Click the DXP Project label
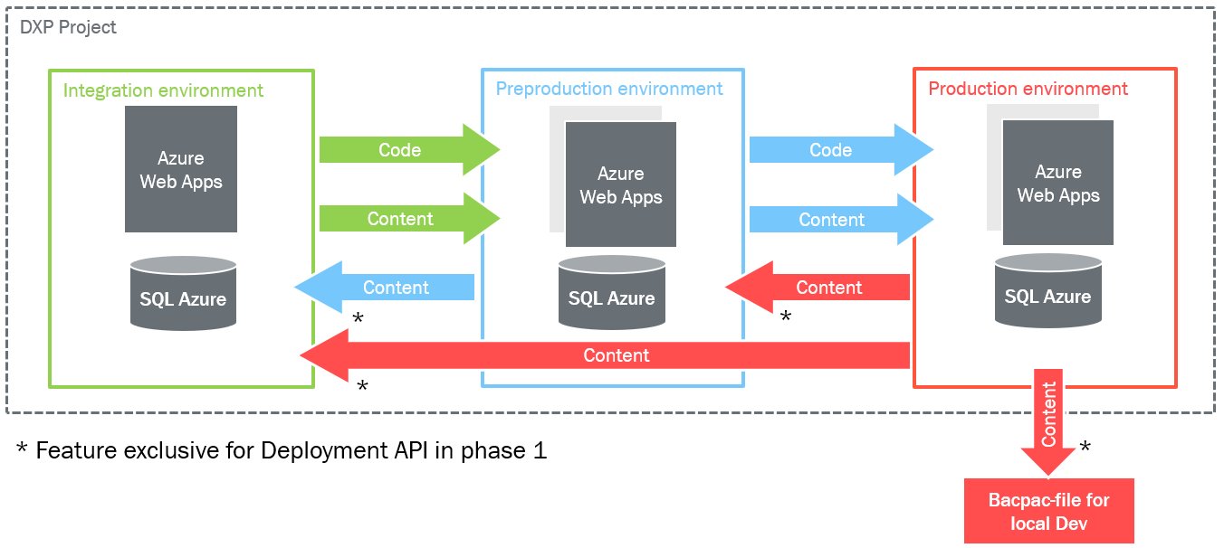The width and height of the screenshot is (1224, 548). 68,27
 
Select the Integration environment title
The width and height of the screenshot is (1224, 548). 163,90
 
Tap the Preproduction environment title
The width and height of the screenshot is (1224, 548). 608,89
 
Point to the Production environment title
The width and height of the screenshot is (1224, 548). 1028,89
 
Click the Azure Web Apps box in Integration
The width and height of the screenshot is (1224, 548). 181,169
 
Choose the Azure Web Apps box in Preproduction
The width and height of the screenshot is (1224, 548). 621,184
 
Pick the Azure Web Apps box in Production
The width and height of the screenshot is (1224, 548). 1058,183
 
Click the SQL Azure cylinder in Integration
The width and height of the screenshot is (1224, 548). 183,294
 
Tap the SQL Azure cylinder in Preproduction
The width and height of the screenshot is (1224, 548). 611,293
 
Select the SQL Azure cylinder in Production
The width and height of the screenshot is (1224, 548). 1047,291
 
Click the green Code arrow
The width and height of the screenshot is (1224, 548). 409,149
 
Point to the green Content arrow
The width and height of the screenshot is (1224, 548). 409,218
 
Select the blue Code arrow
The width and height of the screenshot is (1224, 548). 841,149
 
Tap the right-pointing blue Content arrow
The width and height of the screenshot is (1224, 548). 841,219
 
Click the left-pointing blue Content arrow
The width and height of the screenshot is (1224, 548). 384,287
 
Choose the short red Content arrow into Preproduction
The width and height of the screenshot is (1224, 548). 818,287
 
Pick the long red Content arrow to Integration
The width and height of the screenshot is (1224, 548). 605,355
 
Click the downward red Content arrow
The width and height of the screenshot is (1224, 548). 1048,420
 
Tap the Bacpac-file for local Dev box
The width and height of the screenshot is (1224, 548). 1048,511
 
